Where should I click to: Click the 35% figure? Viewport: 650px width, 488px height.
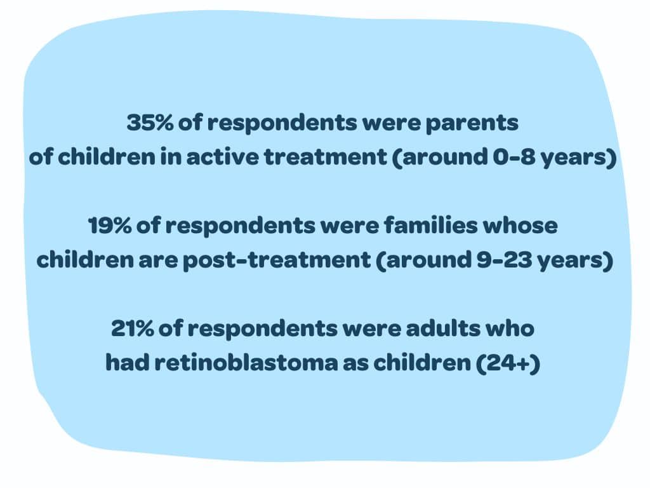(150, 123)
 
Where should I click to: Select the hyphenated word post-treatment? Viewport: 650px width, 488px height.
(277, 260)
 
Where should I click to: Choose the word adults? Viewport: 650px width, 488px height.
(443, 329)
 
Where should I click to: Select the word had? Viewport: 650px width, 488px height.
(127, 363)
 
